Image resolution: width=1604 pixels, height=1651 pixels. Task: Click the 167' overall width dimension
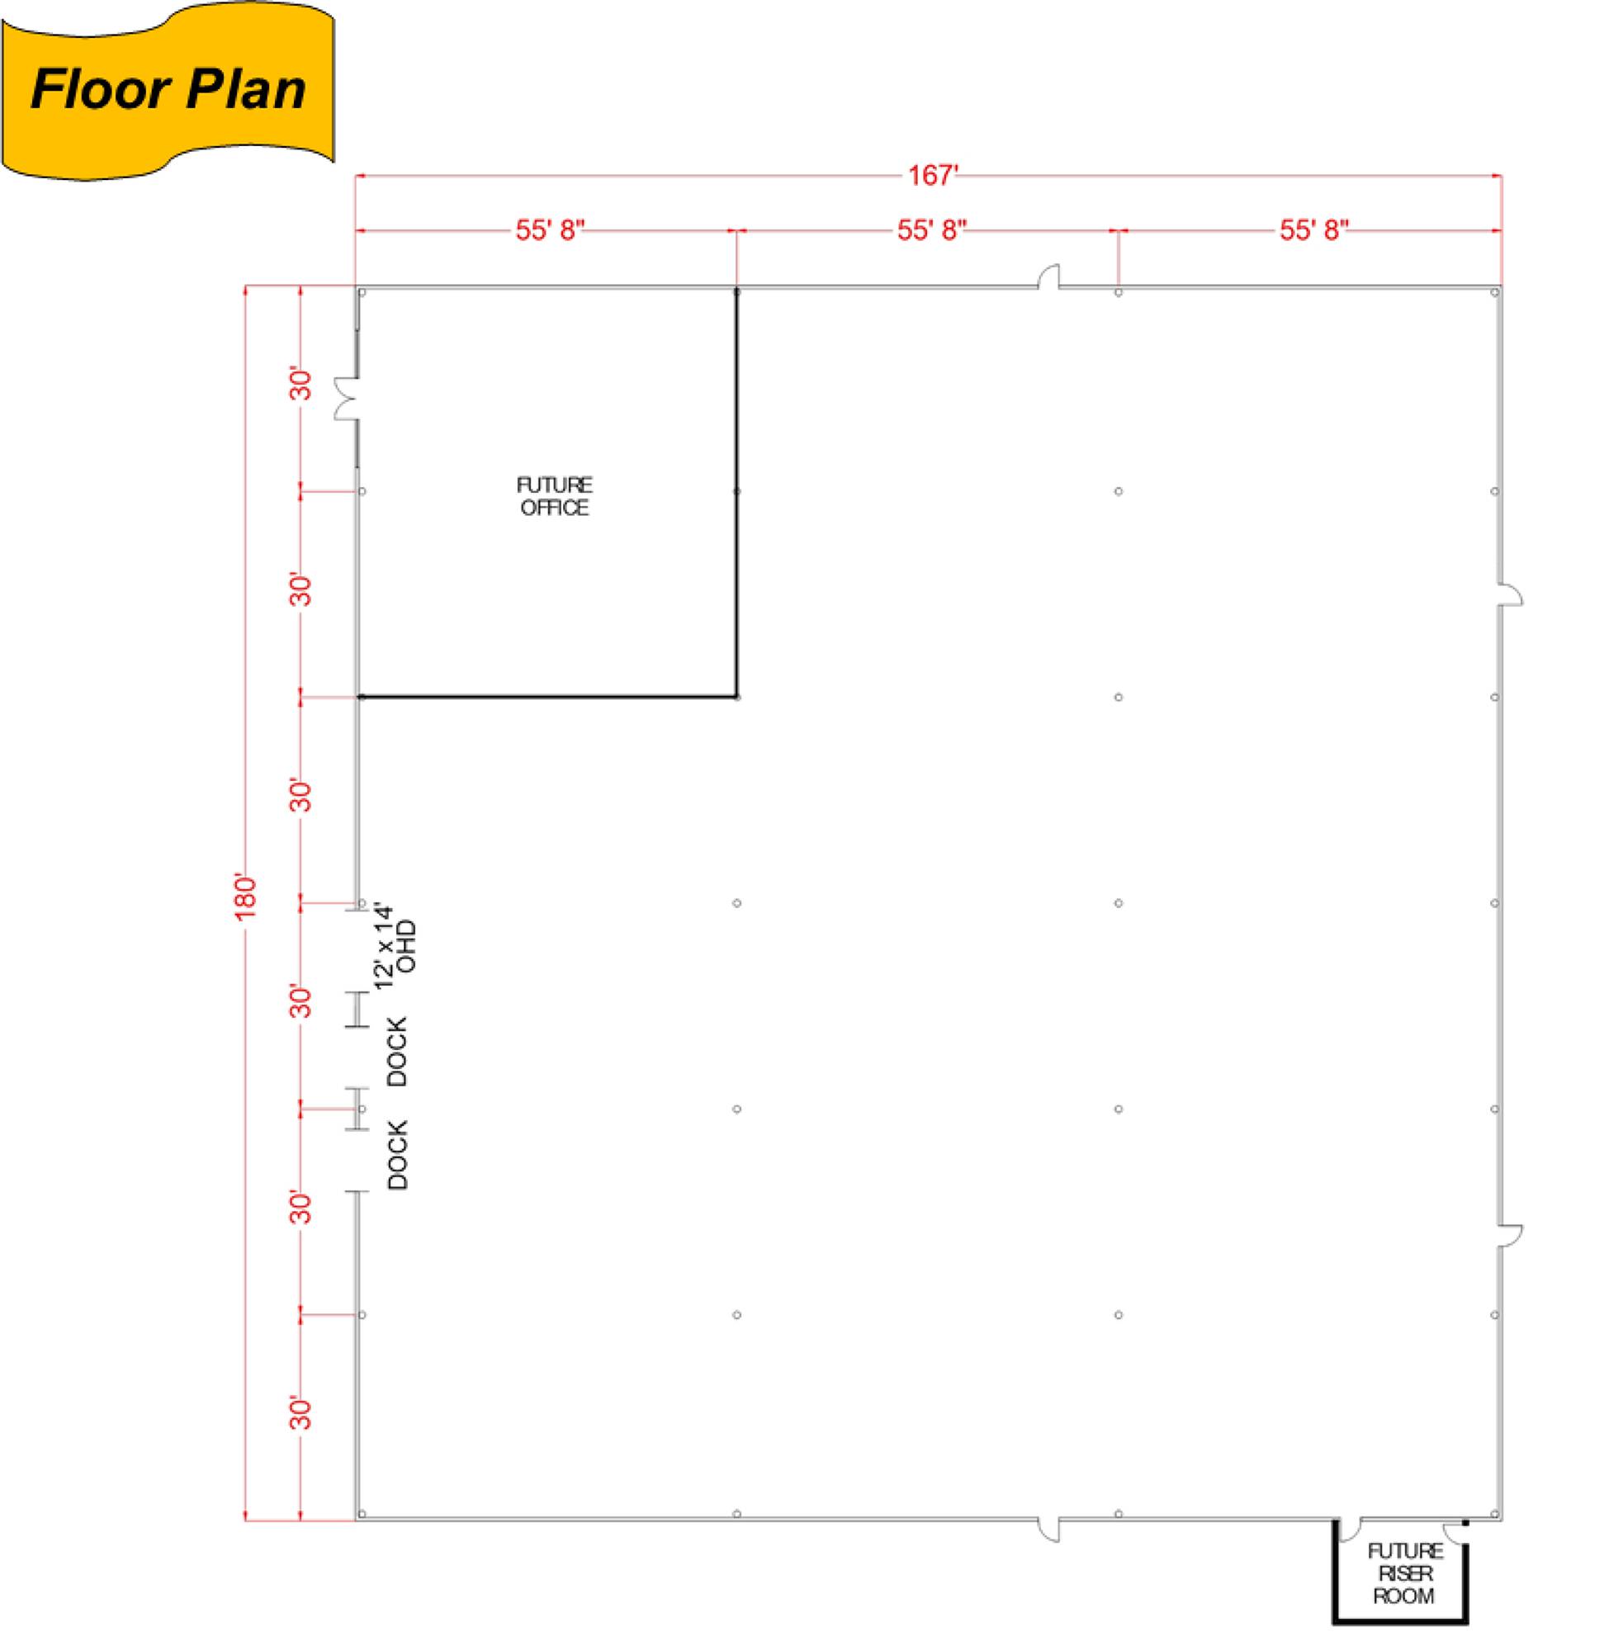point(934,175)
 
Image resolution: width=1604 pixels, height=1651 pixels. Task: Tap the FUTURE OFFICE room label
point(554,496)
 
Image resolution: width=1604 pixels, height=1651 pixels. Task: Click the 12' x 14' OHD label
point(395,947)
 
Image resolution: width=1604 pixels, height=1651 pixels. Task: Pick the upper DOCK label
point(396,1050)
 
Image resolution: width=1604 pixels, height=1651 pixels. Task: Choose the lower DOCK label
point(396,1155)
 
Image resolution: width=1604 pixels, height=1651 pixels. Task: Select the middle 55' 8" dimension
point(931,230)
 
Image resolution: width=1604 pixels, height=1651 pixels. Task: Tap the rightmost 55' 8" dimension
point(1314,230)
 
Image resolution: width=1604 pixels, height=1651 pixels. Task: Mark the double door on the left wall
point(346,399)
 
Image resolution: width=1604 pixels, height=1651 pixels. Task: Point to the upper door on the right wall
point(1510,594)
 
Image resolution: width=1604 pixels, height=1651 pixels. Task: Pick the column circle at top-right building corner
point(1493,293)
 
